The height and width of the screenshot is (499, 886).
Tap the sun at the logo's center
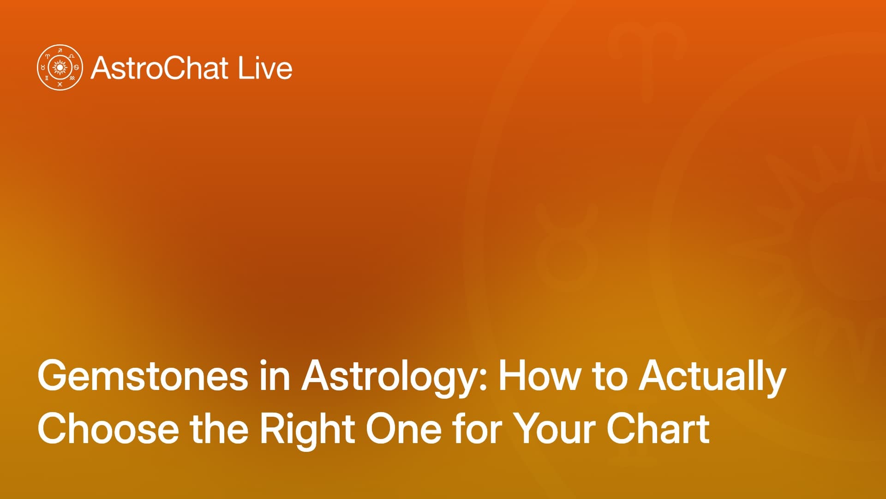(x=60, y=68)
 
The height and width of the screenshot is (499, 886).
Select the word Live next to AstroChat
(x=265, y=68)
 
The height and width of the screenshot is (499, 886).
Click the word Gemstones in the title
(x=143, y=376)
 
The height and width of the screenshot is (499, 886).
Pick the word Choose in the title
(x=108, y=428)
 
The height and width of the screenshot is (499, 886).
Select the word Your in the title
(x=553, y=428)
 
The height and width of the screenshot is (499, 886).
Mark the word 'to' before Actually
(x=610, y=377)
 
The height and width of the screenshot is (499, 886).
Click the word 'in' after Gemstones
(x=275, y=376)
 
